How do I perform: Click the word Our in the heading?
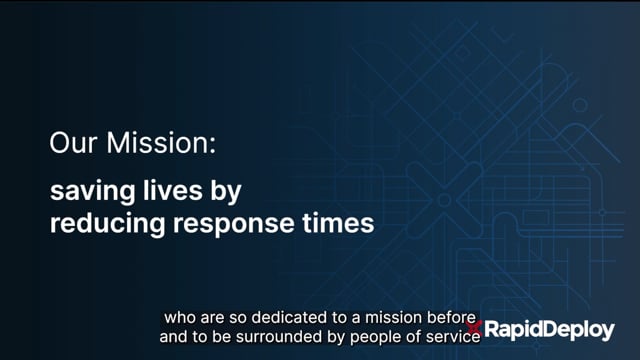[x=73, y=142]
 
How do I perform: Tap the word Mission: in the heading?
[x=161, y=142]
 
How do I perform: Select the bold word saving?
[x=92, y=191]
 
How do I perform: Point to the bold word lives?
[x=173, y=190]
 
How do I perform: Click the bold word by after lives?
[x=226, y=191]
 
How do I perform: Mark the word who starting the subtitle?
[x=180, y=317]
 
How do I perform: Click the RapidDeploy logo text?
[x=549, y=330]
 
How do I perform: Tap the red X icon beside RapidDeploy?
[x=474, y=328]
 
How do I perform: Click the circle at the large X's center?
[x=444, y=200]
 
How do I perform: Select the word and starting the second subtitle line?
[x=170, y=337]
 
